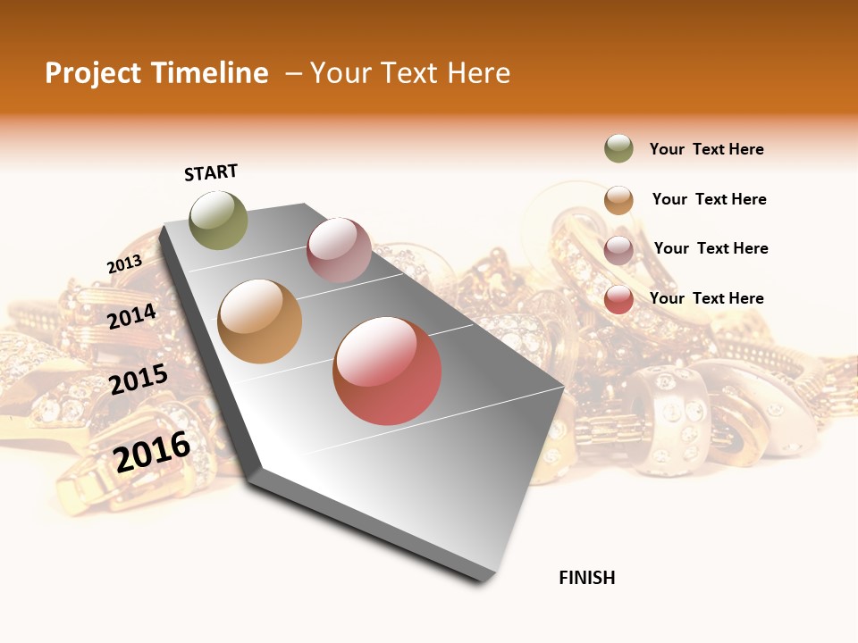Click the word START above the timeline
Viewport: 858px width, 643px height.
[x=211, y=172]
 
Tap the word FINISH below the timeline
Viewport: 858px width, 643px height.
[x=587, y=578]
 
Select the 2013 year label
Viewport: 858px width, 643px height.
[x=124, y=264]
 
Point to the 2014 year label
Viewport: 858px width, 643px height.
[x=132, y=316]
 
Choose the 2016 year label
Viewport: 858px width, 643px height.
[x=152, y=452]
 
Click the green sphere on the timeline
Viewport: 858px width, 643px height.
[x=219, y=220]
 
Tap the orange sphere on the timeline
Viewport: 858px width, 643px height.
[x=260, y=321]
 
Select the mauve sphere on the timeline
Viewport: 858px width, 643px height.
[x=339, y=250]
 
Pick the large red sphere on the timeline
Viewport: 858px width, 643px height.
[x=387, y=371]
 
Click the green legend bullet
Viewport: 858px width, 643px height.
[x=618, y=149]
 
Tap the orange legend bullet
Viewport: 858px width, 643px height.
[x=618, y=200]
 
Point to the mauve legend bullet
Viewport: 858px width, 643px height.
[x=618, y=250]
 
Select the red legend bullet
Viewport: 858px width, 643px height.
[x=618, y=299]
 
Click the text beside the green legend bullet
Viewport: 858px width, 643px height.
[x=707, y=149]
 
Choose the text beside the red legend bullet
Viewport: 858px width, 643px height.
[x=707, y=298]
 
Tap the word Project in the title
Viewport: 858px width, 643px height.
[x=93, y=73]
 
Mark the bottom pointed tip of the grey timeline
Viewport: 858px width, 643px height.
[x=483, y=580]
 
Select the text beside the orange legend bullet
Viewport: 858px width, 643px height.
[x=710, y=199]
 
